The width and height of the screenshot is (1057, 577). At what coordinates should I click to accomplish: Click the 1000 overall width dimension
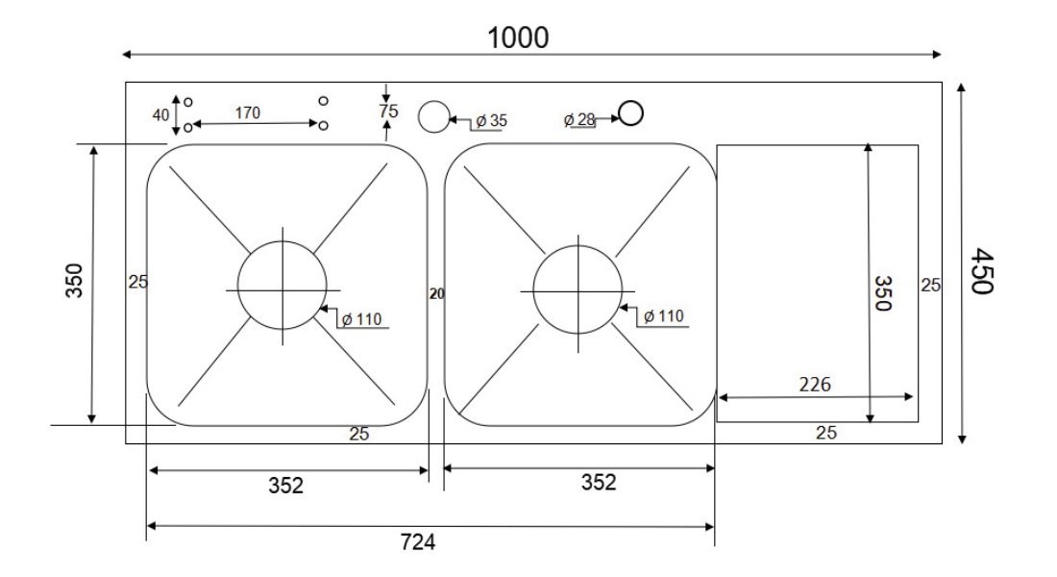(518, 38)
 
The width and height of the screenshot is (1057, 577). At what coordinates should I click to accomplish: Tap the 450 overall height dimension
(982, 271)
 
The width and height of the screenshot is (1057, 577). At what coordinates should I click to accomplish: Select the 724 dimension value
(418, 542)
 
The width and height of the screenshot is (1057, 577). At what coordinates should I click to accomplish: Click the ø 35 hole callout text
(491, 121)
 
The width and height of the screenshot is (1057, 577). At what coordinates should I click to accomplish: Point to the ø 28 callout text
(579, 119)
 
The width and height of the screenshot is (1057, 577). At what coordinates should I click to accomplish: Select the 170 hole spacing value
(247, 113)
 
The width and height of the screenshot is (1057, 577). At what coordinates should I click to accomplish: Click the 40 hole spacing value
(160, 115)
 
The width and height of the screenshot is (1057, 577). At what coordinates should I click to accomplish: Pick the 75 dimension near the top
(388, 111)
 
